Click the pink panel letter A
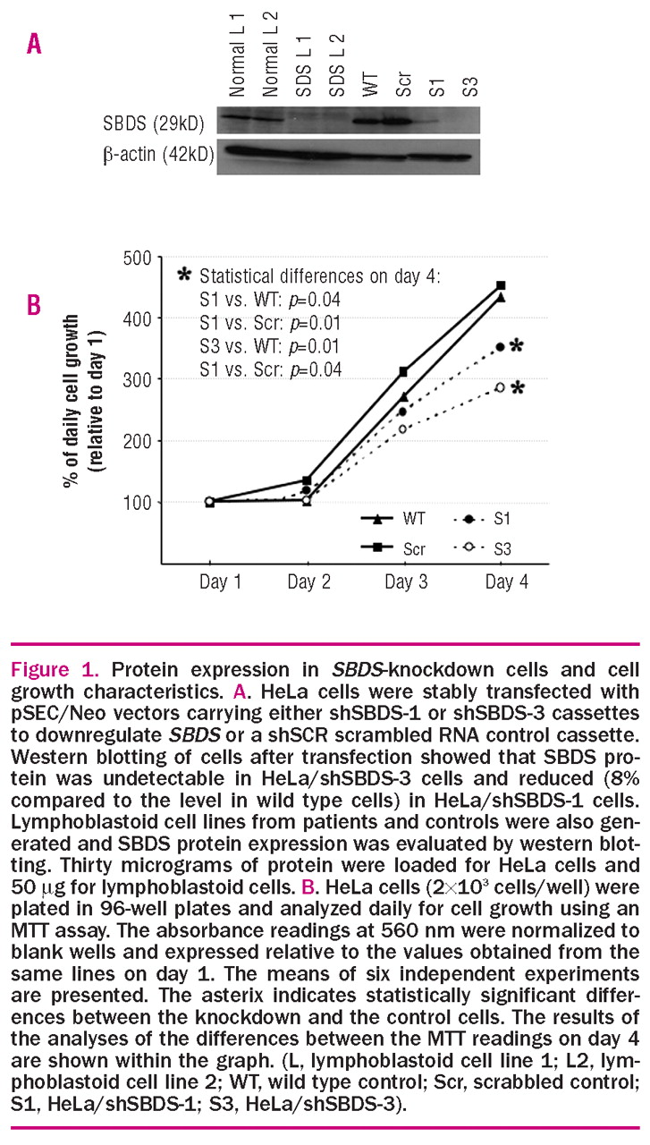(x=33, y=43)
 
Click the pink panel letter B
(x=33, y=305)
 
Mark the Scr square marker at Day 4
(x=501, y=285)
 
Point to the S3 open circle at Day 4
(x=500, y=387)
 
